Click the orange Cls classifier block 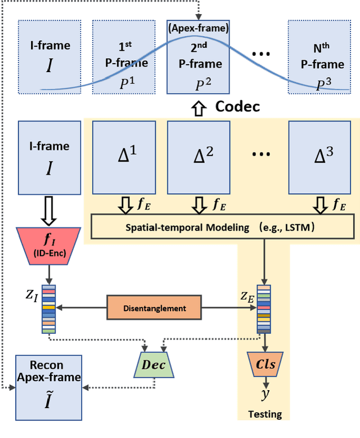click(265, 364)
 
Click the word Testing click(265, 414)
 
